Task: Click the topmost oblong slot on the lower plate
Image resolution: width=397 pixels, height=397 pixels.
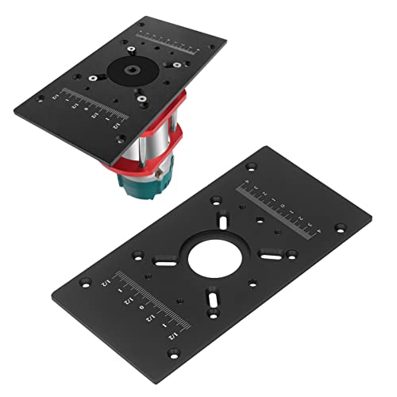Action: tap(225, 219)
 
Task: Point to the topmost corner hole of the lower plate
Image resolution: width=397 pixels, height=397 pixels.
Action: tap(252, 168)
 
